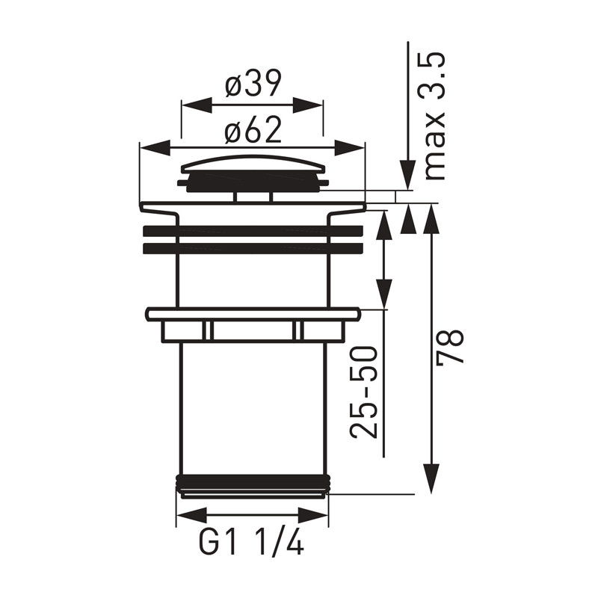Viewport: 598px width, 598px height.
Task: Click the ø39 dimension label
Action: coord(253,84)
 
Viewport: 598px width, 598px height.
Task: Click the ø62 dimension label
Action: coord(253,129)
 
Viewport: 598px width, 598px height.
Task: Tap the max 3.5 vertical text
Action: coord(434,116)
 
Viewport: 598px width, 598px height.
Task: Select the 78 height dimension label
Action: coord(450,347)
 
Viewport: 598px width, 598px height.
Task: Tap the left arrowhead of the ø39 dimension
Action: coord(196,105)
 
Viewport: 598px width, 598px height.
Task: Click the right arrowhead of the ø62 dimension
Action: coord(350,147)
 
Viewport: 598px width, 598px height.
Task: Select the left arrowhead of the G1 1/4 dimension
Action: coord(191,515)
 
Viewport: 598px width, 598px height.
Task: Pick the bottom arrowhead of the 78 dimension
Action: coord(431,478)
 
